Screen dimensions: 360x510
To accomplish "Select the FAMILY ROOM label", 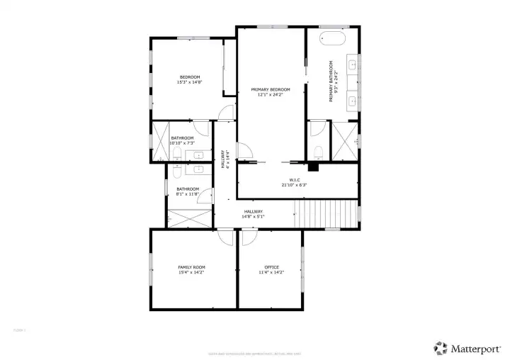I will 191,267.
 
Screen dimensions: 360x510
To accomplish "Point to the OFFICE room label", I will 271,267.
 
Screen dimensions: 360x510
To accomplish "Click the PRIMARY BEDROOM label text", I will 271,89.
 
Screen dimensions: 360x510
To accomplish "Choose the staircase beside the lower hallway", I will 326,213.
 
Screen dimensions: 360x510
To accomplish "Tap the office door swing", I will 249,238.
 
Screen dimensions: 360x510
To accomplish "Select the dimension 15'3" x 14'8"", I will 190,82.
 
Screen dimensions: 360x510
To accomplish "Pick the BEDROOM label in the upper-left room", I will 190,77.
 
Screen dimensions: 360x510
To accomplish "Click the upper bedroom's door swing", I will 225,113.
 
